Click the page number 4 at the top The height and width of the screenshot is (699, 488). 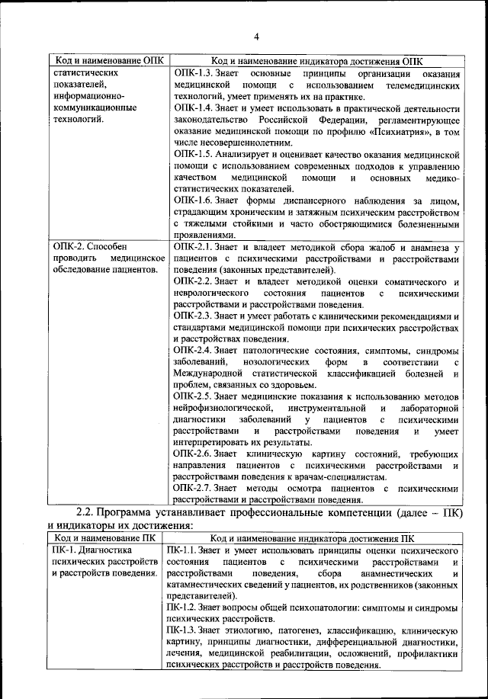click(257, 37)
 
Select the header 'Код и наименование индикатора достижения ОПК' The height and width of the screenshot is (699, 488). click(316, 61)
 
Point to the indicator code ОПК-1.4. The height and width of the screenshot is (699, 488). click(192, 109)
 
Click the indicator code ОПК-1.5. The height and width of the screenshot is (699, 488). click(192, 154)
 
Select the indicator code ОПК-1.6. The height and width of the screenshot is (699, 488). click(192, 200)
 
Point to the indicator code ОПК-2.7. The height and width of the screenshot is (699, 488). click(192, 488)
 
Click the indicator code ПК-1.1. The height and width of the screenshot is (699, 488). click(181, 550)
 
